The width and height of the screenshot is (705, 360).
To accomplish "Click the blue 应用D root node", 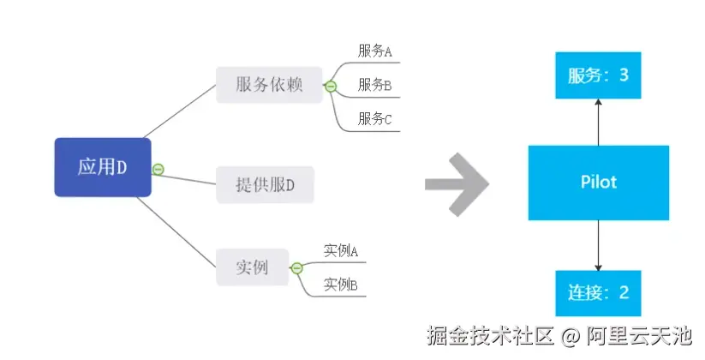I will point(103,167).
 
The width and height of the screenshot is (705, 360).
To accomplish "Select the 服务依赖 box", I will point(269,85).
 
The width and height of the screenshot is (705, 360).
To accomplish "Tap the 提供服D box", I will point(265,184).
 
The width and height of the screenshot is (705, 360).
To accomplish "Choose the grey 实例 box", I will point(252,267).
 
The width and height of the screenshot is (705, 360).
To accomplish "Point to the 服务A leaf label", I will point(374,51).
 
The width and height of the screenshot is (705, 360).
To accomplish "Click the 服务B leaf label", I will point(374,85).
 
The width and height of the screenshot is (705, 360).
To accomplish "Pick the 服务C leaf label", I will point(374,118).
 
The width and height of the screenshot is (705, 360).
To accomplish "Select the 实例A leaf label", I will point(340,251).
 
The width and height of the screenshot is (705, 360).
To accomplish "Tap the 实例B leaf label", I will point(340,285).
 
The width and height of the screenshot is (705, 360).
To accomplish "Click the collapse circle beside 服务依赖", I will point(331,86).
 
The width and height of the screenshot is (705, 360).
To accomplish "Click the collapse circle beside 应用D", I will point(158,169).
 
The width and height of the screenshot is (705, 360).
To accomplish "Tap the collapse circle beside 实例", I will point(297,268).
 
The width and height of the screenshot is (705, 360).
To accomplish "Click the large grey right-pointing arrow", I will point(457,183).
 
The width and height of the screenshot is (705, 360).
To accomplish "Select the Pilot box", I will point(598,182).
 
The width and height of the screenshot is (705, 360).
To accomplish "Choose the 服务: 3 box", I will point(598,75).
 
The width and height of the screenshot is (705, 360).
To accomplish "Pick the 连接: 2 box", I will point(598,291).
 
